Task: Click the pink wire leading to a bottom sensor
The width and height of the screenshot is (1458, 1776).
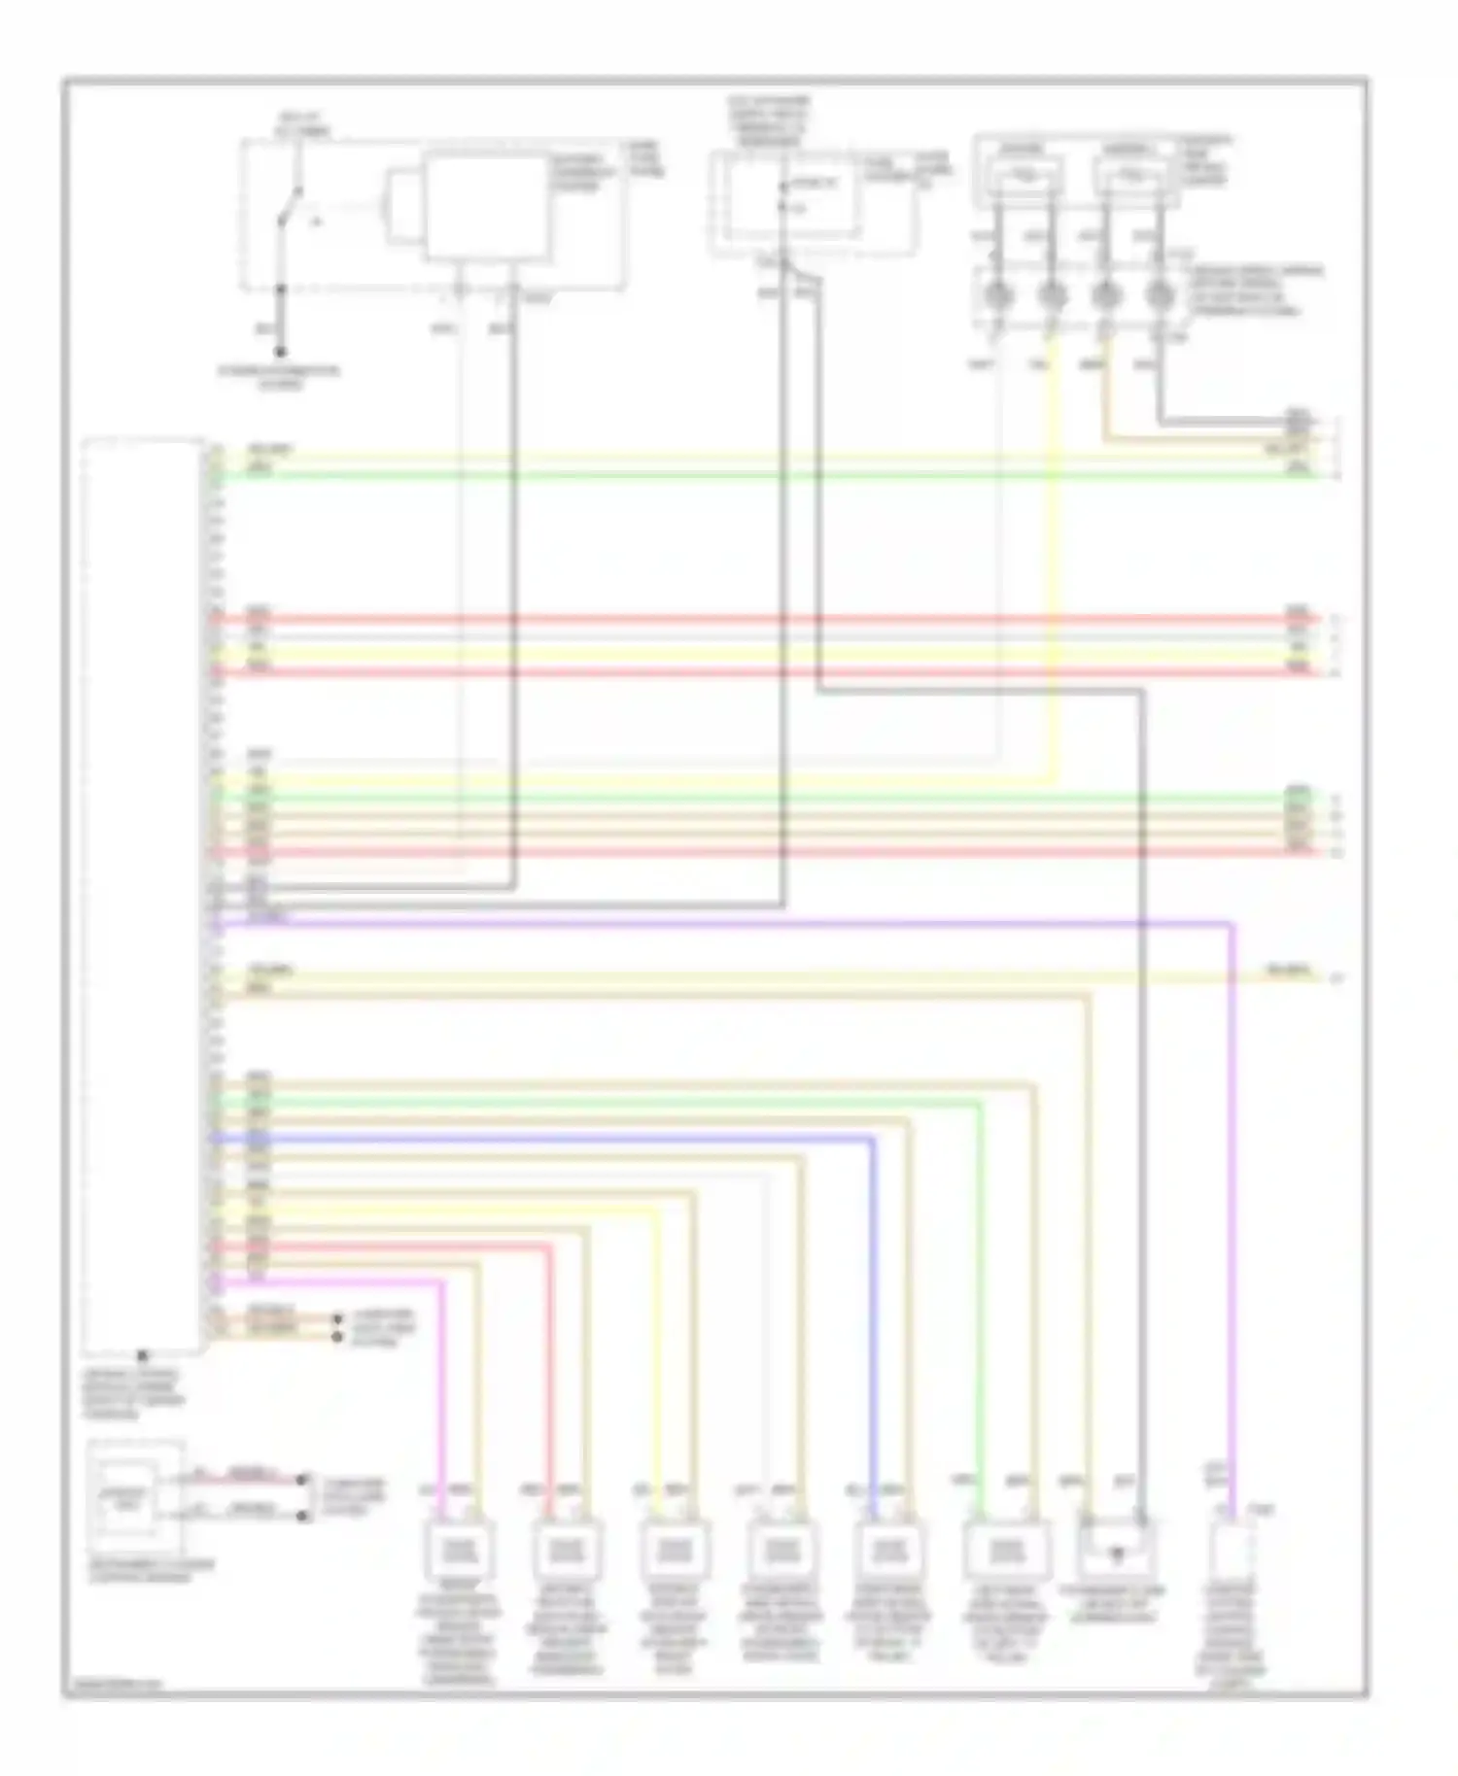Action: click(444, 1399)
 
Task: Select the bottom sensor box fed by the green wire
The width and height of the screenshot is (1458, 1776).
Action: click(1007, 1550)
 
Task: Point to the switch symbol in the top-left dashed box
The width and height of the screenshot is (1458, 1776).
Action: click(290, 204)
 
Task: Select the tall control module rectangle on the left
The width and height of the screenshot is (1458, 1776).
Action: click(144, 894)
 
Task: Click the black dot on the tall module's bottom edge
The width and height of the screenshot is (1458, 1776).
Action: click(143, 1353)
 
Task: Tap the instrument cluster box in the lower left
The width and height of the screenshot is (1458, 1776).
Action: click(134, 1497)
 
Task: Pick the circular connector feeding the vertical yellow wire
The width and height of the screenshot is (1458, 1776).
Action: click(1050, 294)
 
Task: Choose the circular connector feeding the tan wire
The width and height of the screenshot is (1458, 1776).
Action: click(1104, 294)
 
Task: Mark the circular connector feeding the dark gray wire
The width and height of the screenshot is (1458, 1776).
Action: click(1158, 294)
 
